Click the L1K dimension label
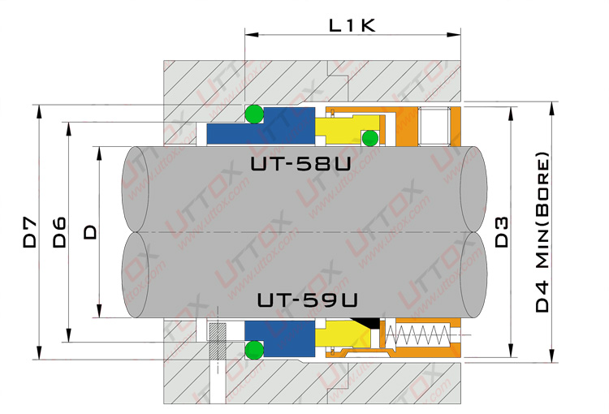352,26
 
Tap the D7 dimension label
30,233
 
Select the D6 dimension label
59,233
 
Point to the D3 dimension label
502,232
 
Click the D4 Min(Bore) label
542,232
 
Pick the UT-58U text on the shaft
300,164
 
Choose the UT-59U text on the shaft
307,300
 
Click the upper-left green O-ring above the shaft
254,114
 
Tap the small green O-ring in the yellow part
370,138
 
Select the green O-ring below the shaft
254,350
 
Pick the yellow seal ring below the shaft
342,334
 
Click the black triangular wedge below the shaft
367,322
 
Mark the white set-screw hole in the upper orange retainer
434,126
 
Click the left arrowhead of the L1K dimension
252,35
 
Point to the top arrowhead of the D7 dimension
39,111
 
